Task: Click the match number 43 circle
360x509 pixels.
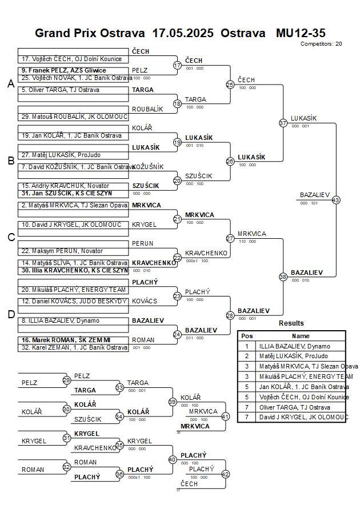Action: coord(335,200)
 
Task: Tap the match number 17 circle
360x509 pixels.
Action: coord(177,66)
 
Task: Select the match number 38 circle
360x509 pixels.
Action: coord(283,276)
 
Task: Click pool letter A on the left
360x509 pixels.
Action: coord(10,84)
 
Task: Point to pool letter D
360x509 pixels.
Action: coord(10,314)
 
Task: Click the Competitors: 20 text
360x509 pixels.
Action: coord(321,43)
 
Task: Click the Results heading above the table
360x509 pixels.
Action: coord(291,323)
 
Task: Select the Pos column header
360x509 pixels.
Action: coord(247,336)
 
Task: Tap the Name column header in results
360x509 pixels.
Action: coord(301,336)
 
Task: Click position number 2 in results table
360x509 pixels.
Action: coord(247,356)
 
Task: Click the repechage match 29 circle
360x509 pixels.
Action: coord(66,380)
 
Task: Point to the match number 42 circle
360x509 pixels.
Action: coord(225,474)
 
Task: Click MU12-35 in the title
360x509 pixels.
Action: coord(301,33)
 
